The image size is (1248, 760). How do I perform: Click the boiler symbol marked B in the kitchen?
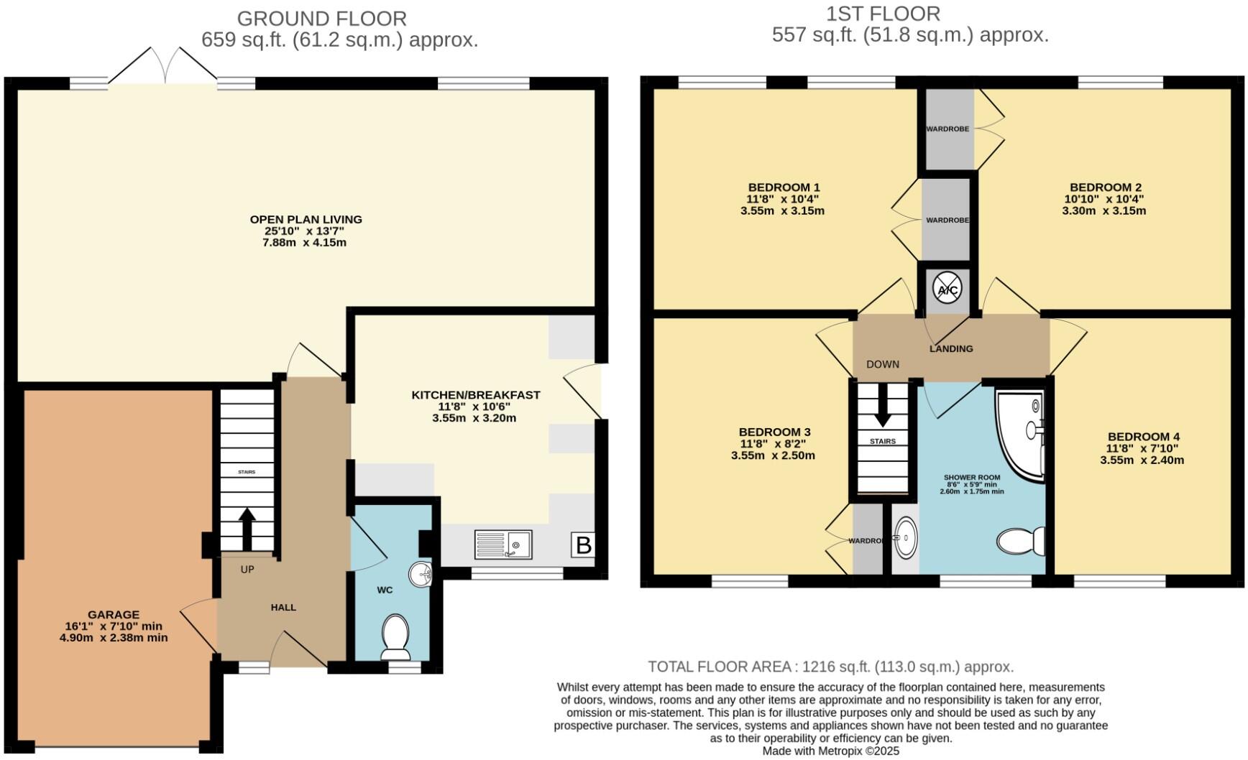pos(583,545)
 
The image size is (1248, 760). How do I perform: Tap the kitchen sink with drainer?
pos(503,544)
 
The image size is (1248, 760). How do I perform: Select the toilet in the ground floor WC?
pos(395,636)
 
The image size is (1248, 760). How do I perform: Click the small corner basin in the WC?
pos(421,574)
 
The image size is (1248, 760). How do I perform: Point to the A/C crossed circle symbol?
pos(946,289)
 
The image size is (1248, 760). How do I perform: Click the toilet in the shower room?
pos(1022,541)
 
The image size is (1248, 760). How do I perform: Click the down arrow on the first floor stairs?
pos(882,413)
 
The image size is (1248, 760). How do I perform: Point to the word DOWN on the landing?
pos(882,364)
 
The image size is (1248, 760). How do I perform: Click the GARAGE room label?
pos(114,615)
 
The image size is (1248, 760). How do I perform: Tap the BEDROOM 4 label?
pos(1143,437)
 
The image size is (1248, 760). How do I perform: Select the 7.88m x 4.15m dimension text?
pos(305,243)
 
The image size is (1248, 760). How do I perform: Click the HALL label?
pos(283,608)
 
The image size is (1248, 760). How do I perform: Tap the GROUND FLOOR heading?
pos(321,19)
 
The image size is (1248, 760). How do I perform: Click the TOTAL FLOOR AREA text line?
pos(830,667)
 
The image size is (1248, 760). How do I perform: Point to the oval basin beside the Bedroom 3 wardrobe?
pos(906,537)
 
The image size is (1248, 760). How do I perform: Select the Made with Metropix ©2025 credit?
pos(830,751)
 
